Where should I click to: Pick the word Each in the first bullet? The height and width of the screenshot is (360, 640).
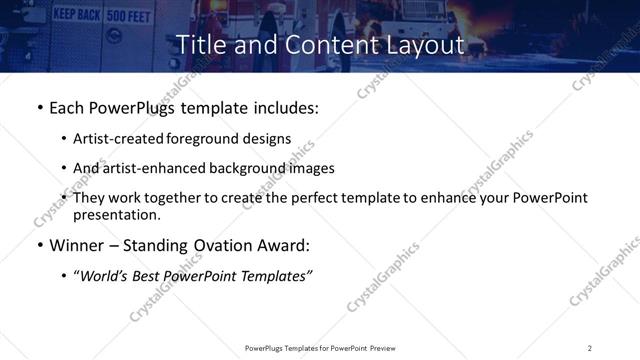tap(66, 108)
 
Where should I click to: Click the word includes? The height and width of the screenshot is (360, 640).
tap(283, 108)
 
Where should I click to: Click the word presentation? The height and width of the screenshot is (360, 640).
tap(115, 215)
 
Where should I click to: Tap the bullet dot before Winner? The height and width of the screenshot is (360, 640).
tap(39, 246)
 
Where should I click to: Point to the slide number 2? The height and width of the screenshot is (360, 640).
tap(590, 348)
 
